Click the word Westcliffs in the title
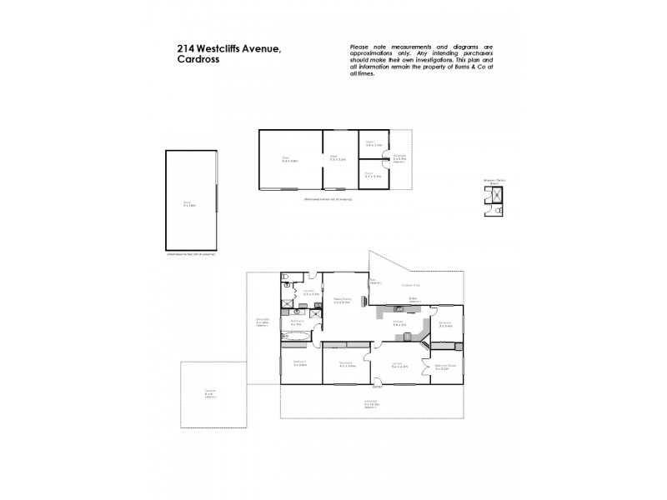point(224,47)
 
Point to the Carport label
point(209,392)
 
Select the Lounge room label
point(399,364)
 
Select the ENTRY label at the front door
point(377,387)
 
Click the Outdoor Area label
point(410,285)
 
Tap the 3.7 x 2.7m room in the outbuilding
point(373,175)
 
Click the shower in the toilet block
point(496,194)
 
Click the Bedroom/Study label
point(445,366)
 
